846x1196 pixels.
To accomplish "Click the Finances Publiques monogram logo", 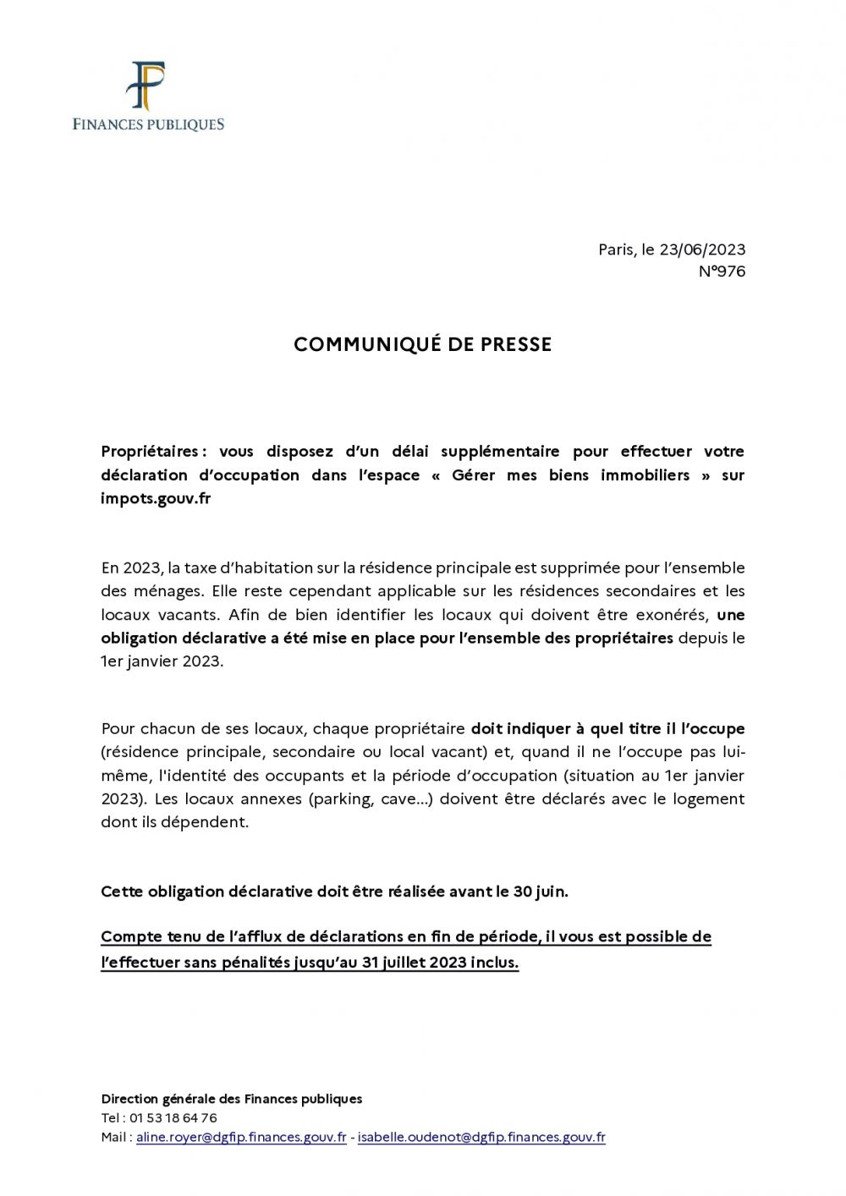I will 146,86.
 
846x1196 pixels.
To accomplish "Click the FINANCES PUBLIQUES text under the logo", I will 148,124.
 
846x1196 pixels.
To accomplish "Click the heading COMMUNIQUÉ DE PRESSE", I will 422,344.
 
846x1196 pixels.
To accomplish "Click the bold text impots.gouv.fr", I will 156,498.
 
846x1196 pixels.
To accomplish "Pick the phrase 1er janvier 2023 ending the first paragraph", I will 161,661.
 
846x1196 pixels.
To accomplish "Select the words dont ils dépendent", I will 174,821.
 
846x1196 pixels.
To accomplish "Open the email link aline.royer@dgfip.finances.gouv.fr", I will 241,1138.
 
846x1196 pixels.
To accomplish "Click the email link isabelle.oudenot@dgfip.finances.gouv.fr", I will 481,1138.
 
